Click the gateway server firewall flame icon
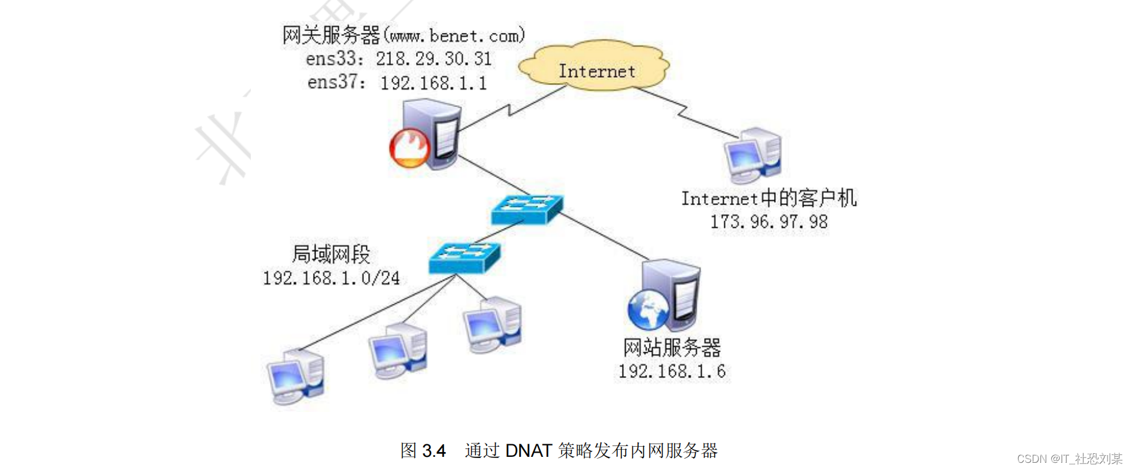coord(409,147)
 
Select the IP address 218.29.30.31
coord(433,59)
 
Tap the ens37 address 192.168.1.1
coord(433,83)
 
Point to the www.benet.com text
coord(454,36)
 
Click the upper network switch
coord(526,209)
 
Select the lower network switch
coord(464,257)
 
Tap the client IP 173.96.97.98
coord(769,222)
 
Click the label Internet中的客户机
coord(769,198)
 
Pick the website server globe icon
coord(648,309)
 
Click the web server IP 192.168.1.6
coord(672,371)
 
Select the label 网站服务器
coord(672,347)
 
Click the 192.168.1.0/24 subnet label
coord(331,278)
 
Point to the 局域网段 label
coord(331,254)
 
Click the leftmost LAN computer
coord(295,377)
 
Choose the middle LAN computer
coord(397,352)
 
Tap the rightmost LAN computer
coord(493,325)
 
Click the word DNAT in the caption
coord(528,450)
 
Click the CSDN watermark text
coord(1069,459)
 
